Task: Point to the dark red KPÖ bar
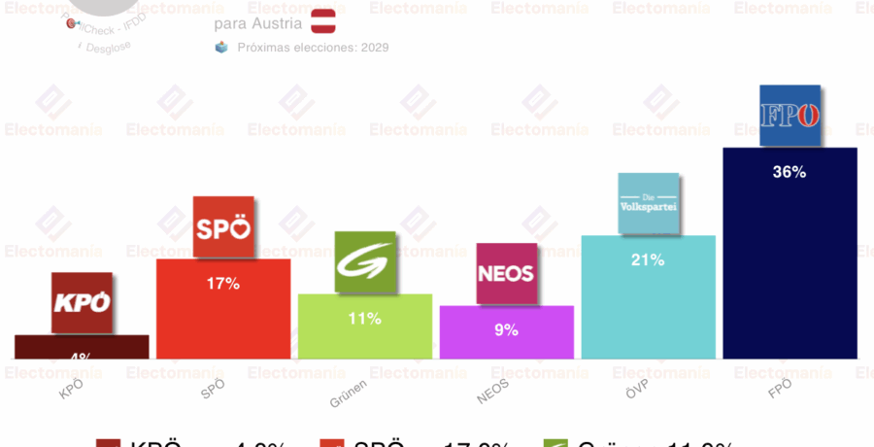(x=82, y=347)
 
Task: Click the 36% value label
(x=790, y=172)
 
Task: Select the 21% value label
(x=648, y=259)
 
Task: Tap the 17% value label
(x=222, y=284)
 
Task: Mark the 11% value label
(x=364, y=318)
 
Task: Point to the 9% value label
(x=506, y=329)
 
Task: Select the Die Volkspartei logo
(x=648, y=204)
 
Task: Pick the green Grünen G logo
(x=364, y=262)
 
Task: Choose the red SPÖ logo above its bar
(x=223, y=227)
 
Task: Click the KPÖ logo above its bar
(x=82, y=303)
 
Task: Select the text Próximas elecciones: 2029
(x=313, y=47)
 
